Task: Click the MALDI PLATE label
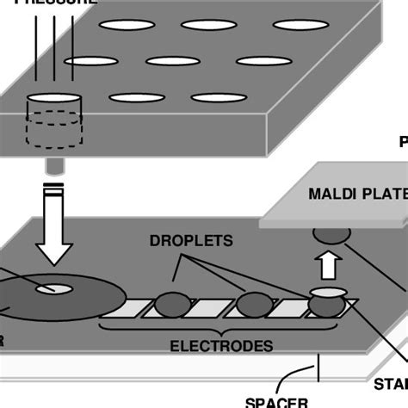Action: (354, 193)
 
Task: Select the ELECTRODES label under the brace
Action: (221, 346)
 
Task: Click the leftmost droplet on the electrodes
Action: (173, 305)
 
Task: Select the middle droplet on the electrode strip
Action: (254, 304)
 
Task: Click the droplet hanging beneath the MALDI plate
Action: (330, 232)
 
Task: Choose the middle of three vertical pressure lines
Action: (53, 52)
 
